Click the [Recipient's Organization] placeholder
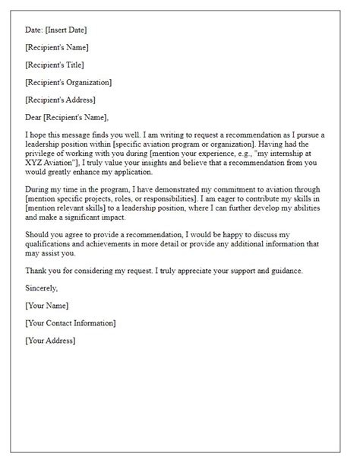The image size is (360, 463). tap(68, 82)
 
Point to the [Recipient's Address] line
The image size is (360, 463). tap(61, 100)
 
